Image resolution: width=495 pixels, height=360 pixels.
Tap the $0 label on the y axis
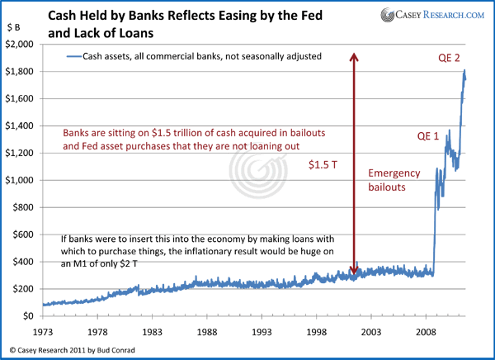point(32,315)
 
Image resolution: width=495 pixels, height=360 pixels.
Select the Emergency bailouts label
point(394,182)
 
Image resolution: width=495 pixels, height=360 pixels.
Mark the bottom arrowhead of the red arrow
point(353,272)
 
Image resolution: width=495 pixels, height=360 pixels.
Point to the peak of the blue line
point(464,70)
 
